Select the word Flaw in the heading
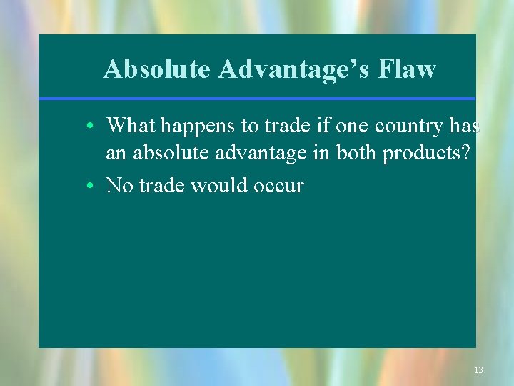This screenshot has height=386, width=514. [408, 69]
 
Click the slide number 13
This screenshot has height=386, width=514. [478, 370]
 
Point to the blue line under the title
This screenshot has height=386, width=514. [257, 99]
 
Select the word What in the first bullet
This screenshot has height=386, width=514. [131, 126]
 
